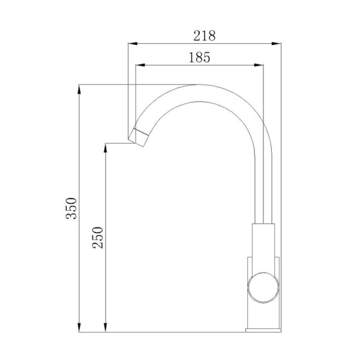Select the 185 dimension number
click(x=198, y=58)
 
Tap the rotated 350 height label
click(x=71, y=208)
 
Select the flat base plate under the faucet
click(x=263, y=329)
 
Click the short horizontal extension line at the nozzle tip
click(x=117, y=143)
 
